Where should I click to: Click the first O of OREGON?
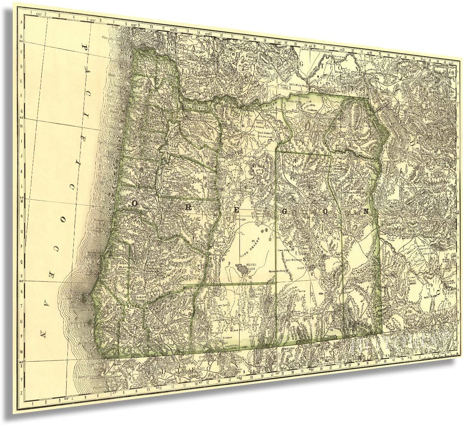[x=134, y=203]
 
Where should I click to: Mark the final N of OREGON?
[x=366, y=211]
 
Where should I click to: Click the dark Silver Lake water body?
[x=242, y=268]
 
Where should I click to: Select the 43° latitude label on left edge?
[x=21, y=281]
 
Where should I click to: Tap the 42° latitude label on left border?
[x=21, y=362]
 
